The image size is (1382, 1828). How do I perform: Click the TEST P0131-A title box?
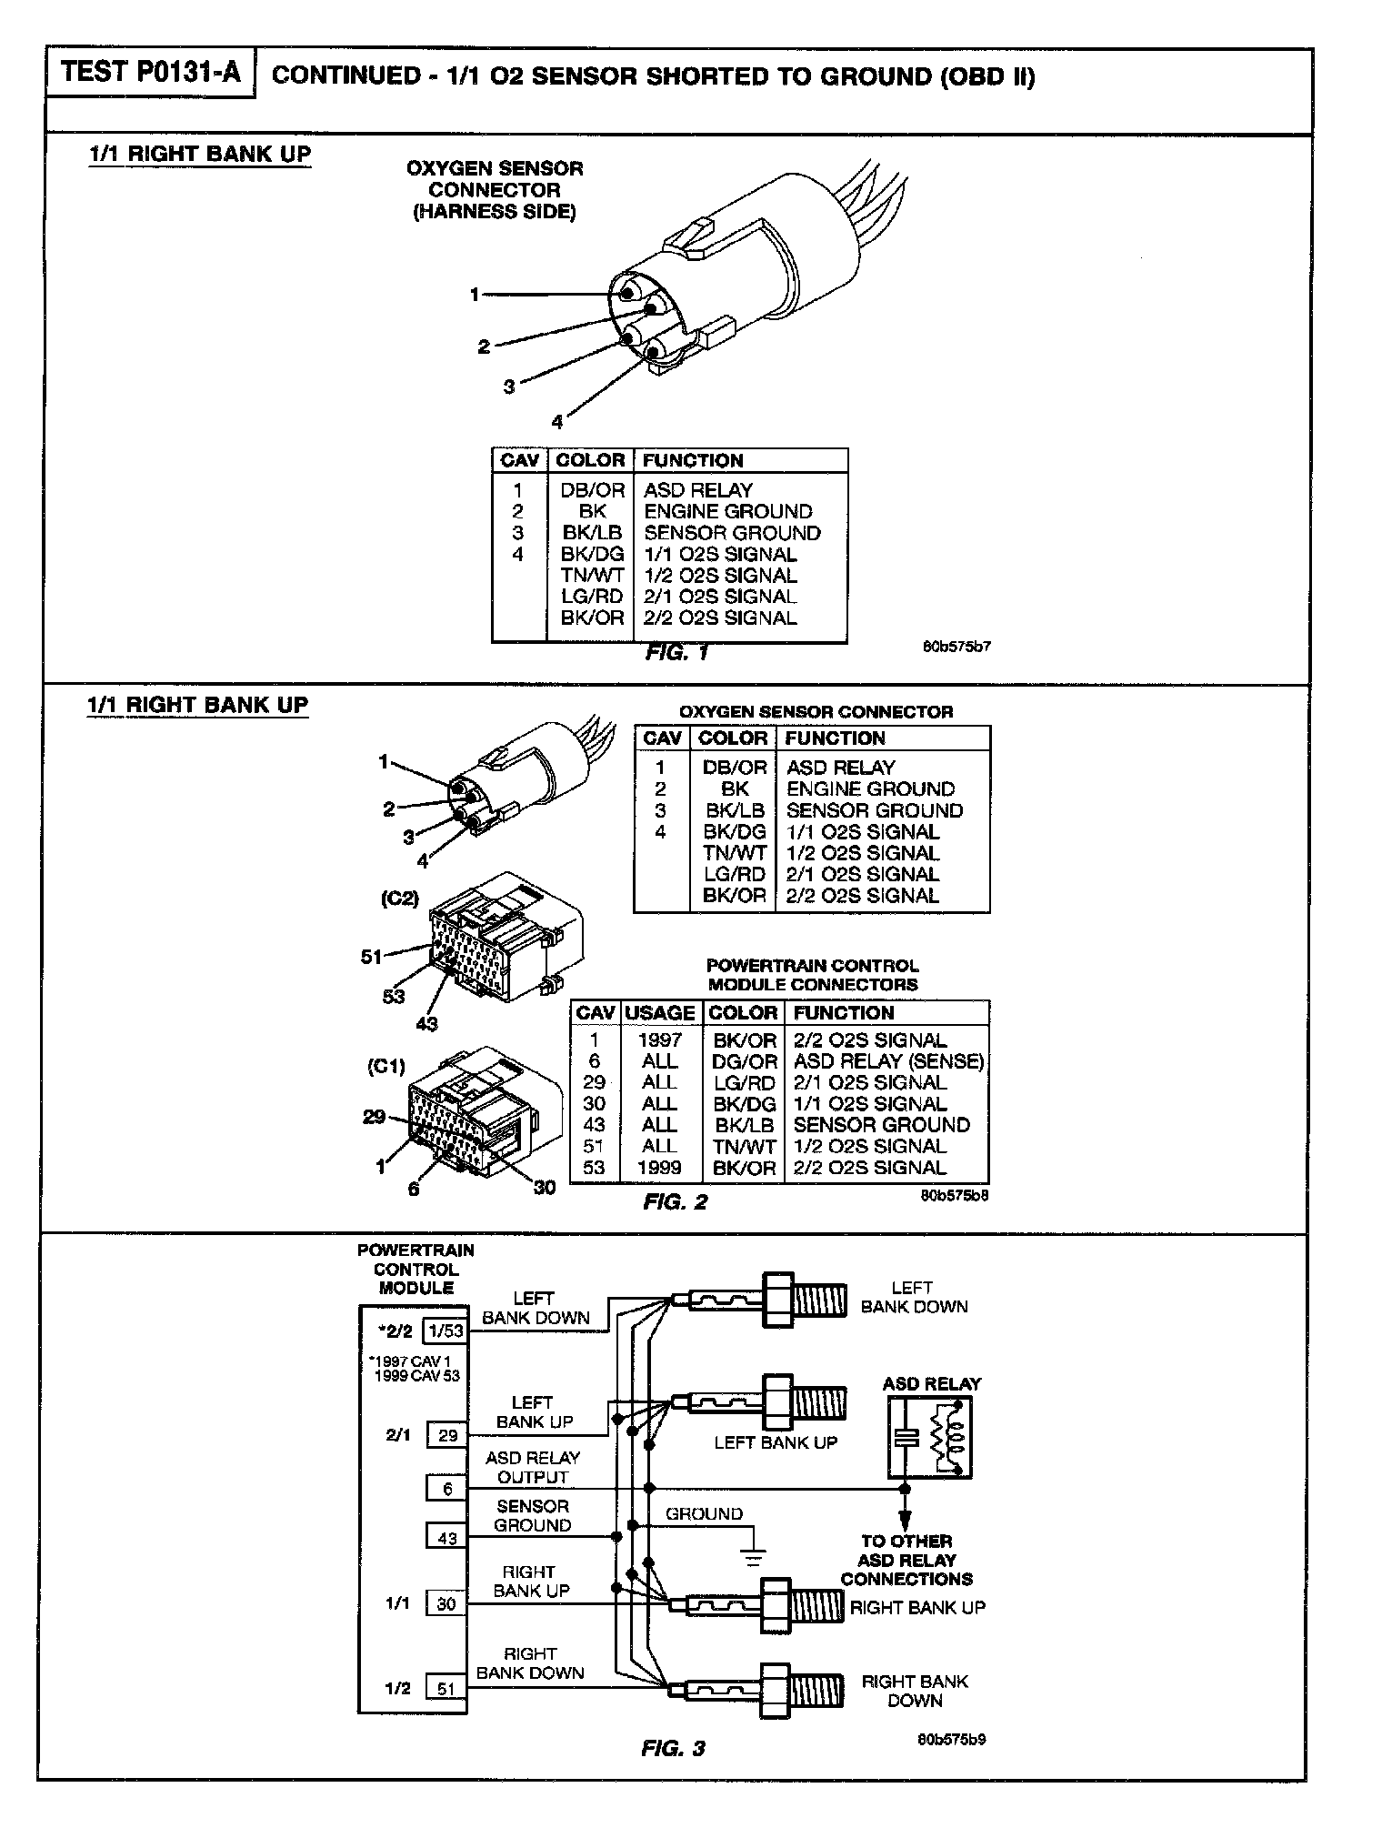click(151, 73)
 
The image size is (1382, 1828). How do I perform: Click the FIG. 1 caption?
click(676, 652)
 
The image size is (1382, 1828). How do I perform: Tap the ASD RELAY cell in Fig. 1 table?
click(697, 490)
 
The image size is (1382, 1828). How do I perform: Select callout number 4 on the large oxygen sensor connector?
click(556, 421)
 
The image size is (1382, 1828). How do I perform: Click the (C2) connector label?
click(399, 899)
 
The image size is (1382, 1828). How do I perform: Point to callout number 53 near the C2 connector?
click(393, 997)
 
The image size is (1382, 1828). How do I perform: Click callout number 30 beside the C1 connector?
click(544, 1188)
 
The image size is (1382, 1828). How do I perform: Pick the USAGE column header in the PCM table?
click(660, 1013)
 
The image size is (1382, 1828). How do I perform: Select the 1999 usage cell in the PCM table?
click(659, 1168)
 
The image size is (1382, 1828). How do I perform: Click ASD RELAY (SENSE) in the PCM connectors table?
click(888, 1061)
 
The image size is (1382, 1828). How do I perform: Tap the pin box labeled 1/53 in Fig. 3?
click(446, 1331)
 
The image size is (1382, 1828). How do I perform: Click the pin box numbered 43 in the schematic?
click(446, 1539)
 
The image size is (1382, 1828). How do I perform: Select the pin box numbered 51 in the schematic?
click(446, 1689)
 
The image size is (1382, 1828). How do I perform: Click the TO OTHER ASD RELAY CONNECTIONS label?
click(906, 1560)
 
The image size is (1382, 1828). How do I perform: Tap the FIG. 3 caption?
click(673, 1748)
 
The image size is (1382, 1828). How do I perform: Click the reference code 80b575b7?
click(956, 648)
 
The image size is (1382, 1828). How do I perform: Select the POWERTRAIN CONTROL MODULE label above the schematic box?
click(416, 1269)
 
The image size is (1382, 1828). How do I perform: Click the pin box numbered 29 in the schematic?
click(447, 1436)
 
